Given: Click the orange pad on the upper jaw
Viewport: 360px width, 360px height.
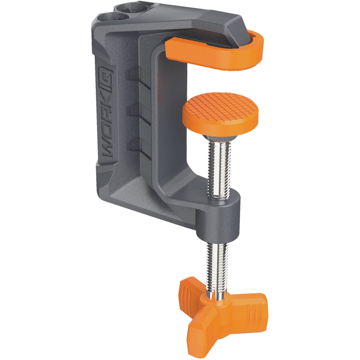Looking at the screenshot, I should (x=210, y=54).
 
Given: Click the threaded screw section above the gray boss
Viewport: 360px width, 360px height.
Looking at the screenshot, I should (x=219, y=168).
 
